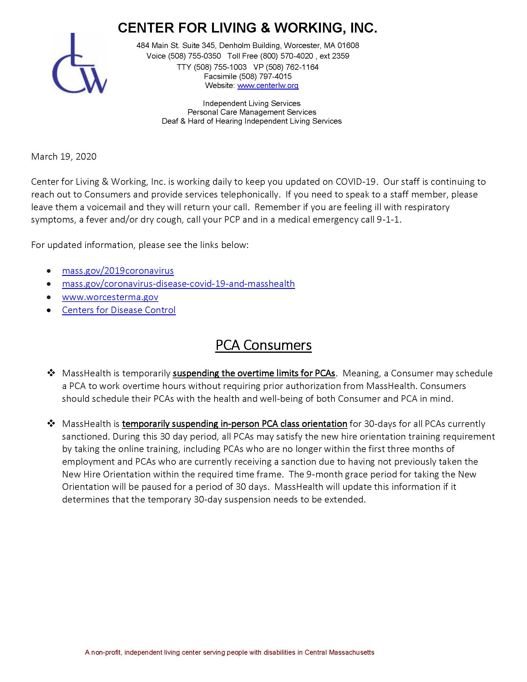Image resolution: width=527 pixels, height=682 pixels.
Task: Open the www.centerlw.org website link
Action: coord(268,86)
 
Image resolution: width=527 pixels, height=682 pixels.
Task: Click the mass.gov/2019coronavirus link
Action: coord(118,271)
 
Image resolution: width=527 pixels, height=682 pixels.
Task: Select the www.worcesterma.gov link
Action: coord(110,297)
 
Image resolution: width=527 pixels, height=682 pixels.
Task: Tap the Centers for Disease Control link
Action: coord(119,310)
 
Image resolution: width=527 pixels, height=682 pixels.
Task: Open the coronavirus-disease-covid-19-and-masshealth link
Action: coord(178,284)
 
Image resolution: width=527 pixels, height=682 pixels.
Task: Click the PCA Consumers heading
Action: coord(263,345)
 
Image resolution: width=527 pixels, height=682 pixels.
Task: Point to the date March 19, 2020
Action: coord(64,157)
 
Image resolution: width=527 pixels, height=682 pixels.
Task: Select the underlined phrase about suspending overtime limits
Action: coord(254,374)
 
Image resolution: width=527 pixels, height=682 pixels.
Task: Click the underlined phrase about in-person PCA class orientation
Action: coord(234,424)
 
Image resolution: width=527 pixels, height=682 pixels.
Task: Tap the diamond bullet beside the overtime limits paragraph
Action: coord(51,373)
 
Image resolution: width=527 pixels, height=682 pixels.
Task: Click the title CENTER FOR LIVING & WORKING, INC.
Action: coord(247,28)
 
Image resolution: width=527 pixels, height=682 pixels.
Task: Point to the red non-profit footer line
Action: coord(229,652)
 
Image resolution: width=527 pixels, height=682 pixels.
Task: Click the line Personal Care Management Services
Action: coord(252,112)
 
